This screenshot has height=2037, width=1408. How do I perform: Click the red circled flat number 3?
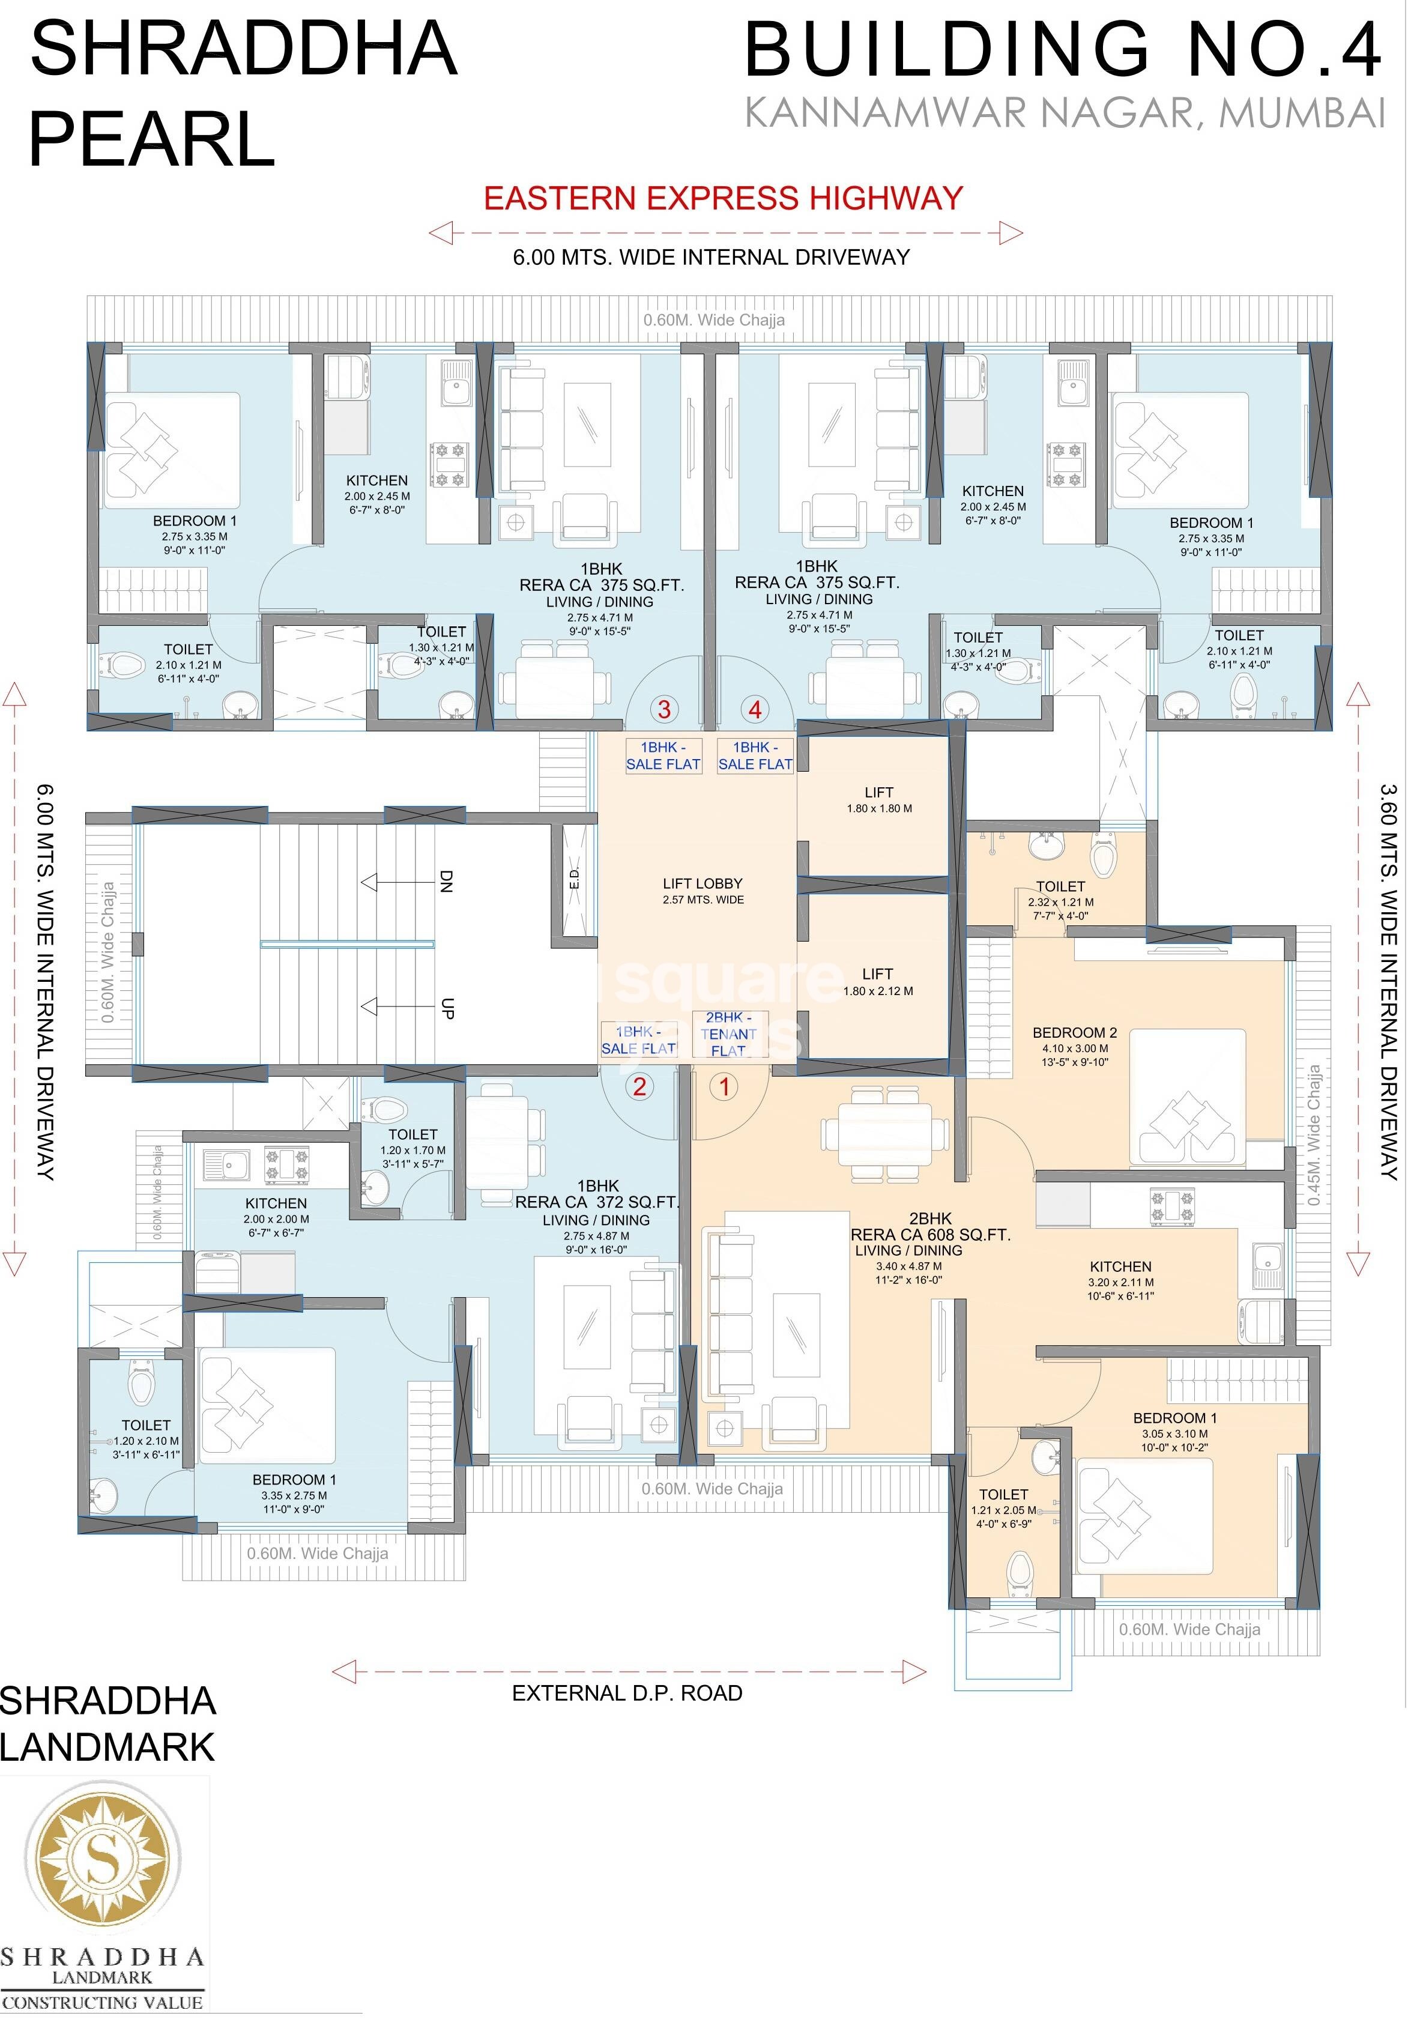tap(664, 709)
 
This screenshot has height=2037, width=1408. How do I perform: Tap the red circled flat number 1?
tap(724, 1086)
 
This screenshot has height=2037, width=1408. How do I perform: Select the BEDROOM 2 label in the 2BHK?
tap(1075, 1032)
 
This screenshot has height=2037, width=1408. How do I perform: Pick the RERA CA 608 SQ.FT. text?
tap(930, 1235)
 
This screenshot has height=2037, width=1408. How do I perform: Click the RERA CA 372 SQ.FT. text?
tap(597, 1202)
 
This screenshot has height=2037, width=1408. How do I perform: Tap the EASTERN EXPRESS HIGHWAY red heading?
tap(724, 198)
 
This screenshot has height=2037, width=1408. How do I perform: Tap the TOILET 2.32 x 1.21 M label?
tap(1060, 886)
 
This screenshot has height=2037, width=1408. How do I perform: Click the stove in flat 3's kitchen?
tap(447, 465)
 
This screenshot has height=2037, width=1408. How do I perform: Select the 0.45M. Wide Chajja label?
tap(1314, 1134)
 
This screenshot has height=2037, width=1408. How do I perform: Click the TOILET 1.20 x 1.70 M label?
tap(413, 1134)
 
